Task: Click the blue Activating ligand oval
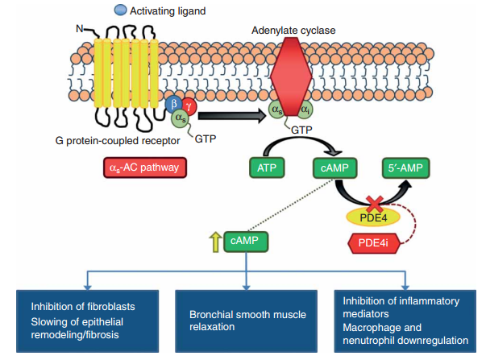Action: click(x=120, y=10)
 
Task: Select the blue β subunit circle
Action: click(x=172, y=105)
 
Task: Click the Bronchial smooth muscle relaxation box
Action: click(x=247, y=321)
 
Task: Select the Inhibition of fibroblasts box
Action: click(x=86, y=321)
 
